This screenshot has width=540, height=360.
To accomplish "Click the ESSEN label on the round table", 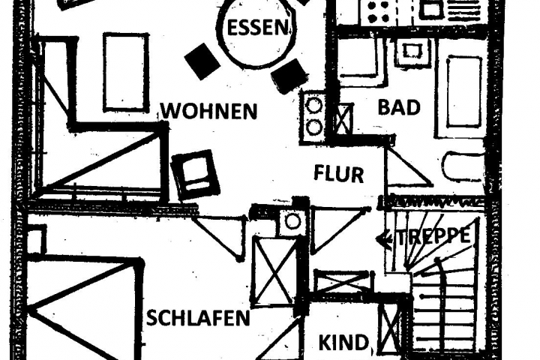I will (257, 28).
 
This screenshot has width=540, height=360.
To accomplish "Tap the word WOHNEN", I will (209, 112).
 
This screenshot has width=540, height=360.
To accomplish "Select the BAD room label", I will (398, 107).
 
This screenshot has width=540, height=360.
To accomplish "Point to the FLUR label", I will (338, 175).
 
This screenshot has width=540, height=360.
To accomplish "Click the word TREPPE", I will (433, 235).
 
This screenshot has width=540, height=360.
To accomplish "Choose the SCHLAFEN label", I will (198, 318).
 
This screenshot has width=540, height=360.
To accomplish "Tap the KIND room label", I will (344, 343).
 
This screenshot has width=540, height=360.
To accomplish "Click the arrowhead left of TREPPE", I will (384, 239).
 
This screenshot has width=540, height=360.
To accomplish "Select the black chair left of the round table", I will (202, 61).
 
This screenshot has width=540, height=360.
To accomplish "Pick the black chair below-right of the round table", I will (289, 76).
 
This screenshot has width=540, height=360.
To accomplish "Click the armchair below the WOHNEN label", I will (196, 174).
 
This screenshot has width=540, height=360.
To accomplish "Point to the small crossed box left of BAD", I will (343, 118).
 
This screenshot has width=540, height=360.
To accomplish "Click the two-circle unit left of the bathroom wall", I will (313, 116).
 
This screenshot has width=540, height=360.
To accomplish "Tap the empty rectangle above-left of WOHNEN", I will (125, 72).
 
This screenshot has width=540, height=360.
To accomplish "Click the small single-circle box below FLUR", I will (292, 221).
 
